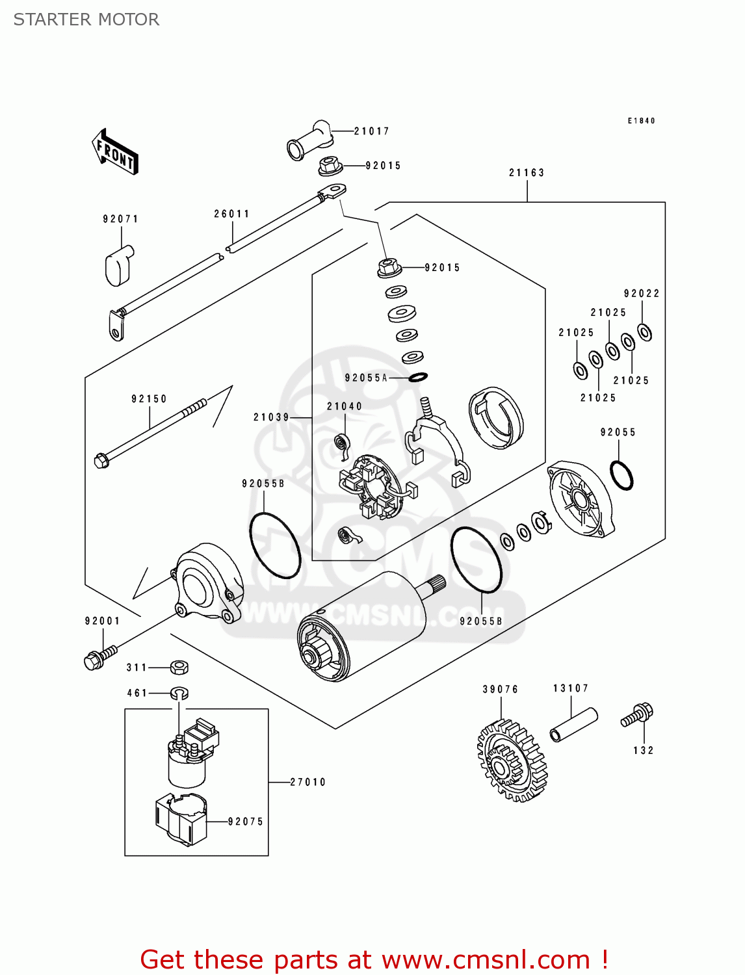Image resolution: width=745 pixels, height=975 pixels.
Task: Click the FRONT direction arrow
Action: pos(115,152)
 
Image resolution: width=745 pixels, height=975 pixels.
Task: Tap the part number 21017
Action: pos(371,131)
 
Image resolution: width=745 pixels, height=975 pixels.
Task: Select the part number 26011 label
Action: pos(232,214)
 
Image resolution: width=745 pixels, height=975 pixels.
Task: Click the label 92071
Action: pos(121,219)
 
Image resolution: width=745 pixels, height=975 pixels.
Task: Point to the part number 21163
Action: pos(527,173)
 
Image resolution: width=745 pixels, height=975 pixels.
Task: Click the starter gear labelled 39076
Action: pos(512,761)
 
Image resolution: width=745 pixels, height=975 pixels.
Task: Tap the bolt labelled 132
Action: pos(638,715)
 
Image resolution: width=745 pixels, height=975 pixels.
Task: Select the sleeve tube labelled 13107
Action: pos(573,724)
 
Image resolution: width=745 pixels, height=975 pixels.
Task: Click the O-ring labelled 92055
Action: pos(621,475)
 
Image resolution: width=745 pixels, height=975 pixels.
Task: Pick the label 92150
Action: pos(149,399)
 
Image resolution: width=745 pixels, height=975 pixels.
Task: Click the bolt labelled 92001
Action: pos(99,656)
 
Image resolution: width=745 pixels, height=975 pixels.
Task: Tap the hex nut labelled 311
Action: pos(179,667)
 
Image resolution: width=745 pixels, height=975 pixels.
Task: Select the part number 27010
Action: pos(307,783)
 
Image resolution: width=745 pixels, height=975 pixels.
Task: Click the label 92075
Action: pos(246,822)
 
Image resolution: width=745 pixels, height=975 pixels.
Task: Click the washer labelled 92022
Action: pos(645,332)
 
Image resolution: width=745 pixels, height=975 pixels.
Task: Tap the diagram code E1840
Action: pos(641,121)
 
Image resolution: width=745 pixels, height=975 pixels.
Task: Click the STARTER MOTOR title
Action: pos(86,19)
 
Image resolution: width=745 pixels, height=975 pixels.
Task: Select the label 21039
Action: pos(271,417)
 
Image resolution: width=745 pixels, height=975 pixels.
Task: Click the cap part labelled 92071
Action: pos(118,265)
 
